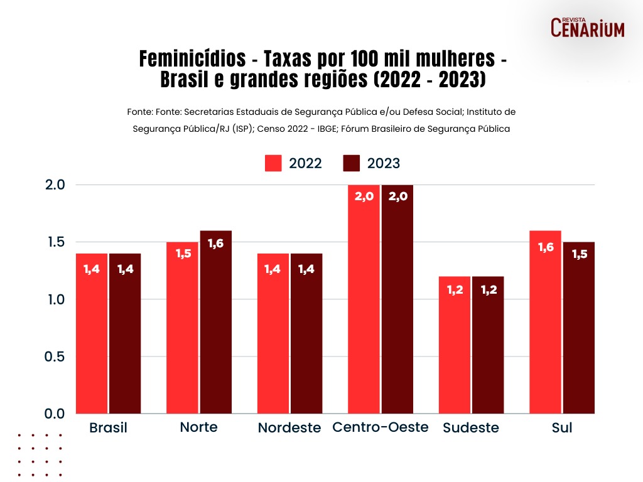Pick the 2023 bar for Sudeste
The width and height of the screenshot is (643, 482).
tap(488, 345)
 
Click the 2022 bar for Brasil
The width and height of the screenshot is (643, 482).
tap(91, 333)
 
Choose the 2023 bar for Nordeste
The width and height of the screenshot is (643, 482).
tap(306, 333)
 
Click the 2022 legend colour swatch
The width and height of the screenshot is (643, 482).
tap(273, 163)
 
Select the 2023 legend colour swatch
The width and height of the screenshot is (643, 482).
tap(352, 163)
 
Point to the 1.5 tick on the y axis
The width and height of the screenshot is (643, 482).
tap(56, 242)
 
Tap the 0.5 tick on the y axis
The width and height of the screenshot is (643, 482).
tap(56, 356)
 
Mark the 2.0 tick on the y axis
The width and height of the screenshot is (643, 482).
tap(56, 185)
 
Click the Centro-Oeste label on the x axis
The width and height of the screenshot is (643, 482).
tap(381, 427)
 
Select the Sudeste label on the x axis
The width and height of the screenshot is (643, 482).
tap(471, 428)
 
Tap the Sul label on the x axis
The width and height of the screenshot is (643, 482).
tap(562, 428)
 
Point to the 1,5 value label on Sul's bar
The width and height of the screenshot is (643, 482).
tap(578, 255)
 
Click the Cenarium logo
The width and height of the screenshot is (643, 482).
tap(588, 27)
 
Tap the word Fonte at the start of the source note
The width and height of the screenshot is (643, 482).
tap(139, 112)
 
